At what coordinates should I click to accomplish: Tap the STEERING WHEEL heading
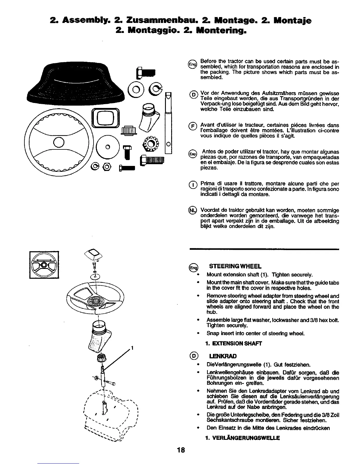235,267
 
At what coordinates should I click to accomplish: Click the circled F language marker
193,127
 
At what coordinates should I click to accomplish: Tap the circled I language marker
193,185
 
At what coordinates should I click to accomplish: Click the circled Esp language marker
193,154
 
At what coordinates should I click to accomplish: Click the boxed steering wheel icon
44,265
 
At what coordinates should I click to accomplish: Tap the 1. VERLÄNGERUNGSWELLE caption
242,438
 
